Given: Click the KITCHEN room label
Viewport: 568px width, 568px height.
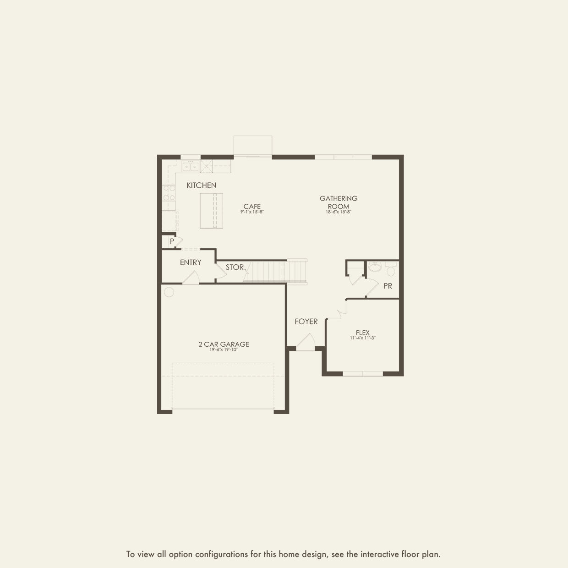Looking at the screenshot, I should click(x=201, y=186).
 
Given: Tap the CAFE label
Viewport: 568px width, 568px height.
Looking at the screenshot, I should click(x=252, y=206).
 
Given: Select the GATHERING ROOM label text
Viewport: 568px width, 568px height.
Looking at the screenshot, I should click(x=339, y=202).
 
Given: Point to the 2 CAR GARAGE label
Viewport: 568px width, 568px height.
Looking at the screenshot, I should click(x=224, y=344).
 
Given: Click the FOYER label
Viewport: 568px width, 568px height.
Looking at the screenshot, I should click(x=306, y=322).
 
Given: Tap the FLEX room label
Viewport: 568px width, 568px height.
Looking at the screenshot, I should click(x=362, y=333).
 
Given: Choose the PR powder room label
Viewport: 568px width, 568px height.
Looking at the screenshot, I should click(x=388, y=286).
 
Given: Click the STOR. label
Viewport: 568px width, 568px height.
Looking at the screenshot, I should click(x=235, y=267).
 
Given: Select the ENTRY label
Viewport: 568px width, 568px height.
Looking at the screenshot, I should click(x=191, y=262).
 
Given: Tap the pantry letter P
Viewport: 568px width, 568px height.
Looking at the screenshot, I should click(x=172, y=241).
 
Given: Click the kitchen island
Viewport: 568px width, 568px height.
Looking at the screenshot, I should click(x=211, y=211).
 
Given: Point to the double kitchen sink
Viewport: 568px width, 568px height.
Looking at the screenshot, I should click(x=190, y=166).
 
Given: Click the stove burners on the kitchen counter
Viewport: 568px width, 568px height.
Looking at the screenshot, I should click(x=169, y=193).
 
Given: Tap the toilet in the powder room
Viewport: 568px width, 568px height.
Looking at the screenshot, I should click(x=390, y=270).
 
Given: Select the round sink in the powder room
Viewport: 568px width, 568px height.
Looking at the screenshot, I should click(x=374, y=267).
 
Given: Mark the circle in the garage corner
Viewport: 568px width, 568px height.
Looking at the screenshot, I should click(x=169, y=292).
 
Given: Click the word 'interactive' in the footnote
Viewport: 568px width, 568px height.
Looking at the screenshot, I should click(x=379, y=554).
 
